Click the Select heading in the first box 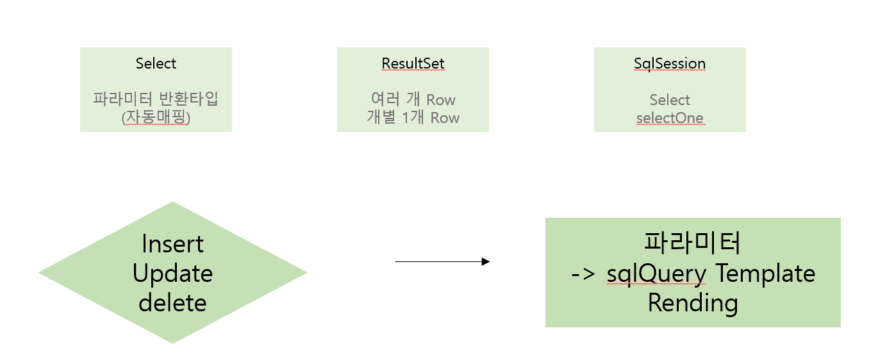point(156,63)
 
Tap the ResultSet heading point(413,63)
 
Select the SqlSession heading point(670,63)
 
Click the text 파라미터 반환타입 point(156,99)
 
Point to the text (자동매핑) point(156,117)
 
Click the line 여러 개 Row point(413,99)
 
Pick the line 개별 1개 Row point(413,117)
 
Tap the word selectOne point(670,118)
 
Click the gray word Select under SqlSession point(670,100)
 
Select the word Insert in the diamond point(172,244)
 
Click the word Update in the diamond point(172,274)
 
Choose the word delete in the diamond point(172,302)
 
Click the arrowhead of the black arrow point(486,261)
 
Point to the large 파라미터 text point(692,244)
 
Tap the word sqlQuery point(656,274)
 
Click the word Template point(765,274)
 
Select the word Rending point(693,302)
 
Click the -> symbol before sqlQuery point(583,274)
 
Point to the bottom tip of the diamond point(172,342)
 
